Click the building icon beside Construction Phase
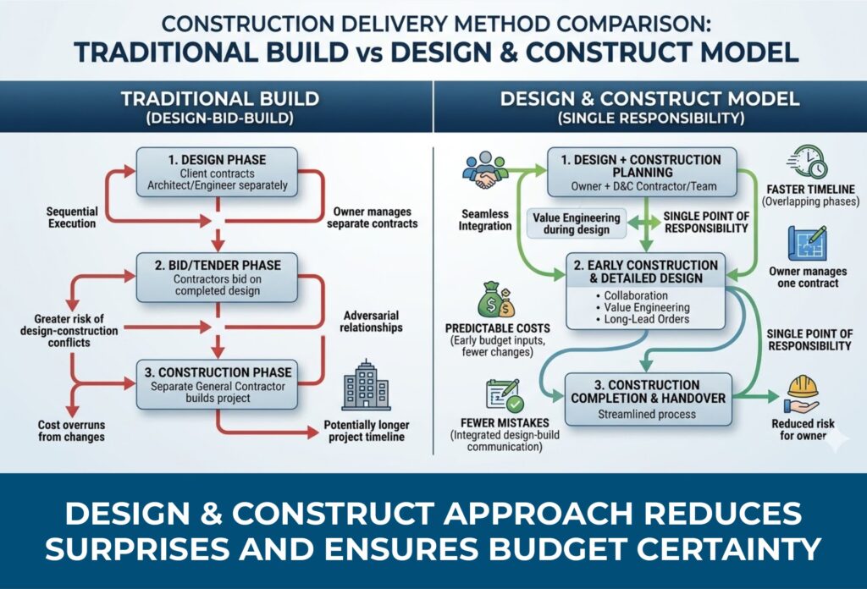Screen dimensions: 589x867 point(366,388)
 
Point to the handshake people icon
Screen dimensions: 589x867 point(485,171)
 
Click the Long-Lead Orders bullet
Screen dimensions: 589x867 point(648,319)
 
